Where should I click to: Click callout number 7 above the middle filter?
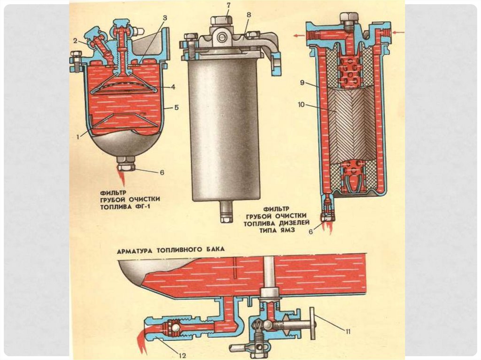(x=228, y=5)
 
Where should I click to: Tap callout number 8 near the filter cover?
(x=248, y=15)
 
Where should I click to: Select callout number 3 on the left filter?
(x=165, y=18)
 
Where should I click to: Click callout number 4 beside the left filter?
(x=173, y=86)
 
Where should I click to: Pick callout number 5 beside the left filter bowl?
(x=176, y=107)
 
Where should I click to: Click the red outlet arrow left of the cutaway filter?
(x=297, y=35)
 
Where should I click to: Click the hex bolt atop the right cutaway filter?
(x=349, y=18)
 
